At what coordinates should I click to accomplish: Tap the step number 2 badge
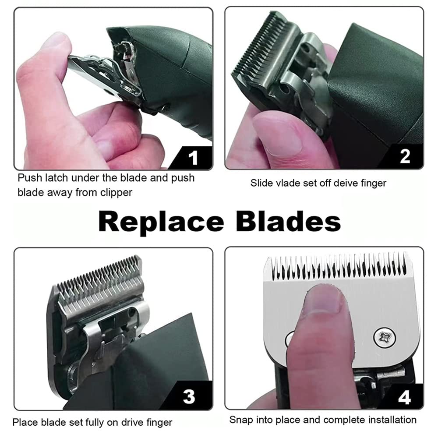(405, 156)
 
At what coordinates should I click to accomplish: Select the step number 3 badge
(189, 396)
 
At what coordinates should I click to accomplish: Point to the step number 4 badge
(404, 397)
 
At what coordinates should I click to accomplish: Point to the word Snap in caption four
(241, 420)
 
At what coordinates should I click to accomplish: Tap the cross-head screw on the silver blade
(384, 338)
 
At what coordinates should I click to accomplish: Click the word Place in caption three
(25, 423)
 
